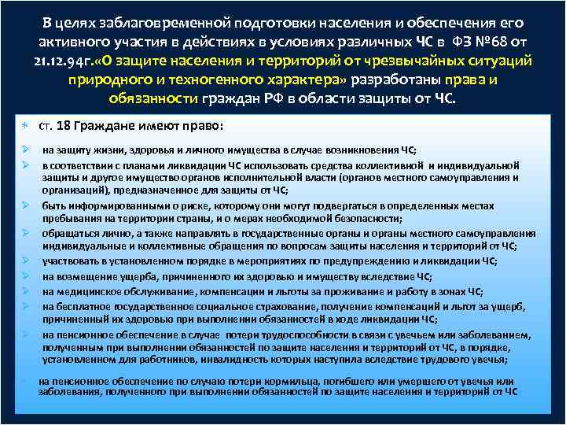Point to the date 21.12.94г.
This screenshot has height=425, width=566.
pos(58,61)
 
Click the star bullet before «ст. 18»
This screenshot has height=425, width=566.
pos(25,126)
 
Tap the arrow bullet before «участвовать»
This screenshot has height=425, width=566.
pos(25,261)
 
